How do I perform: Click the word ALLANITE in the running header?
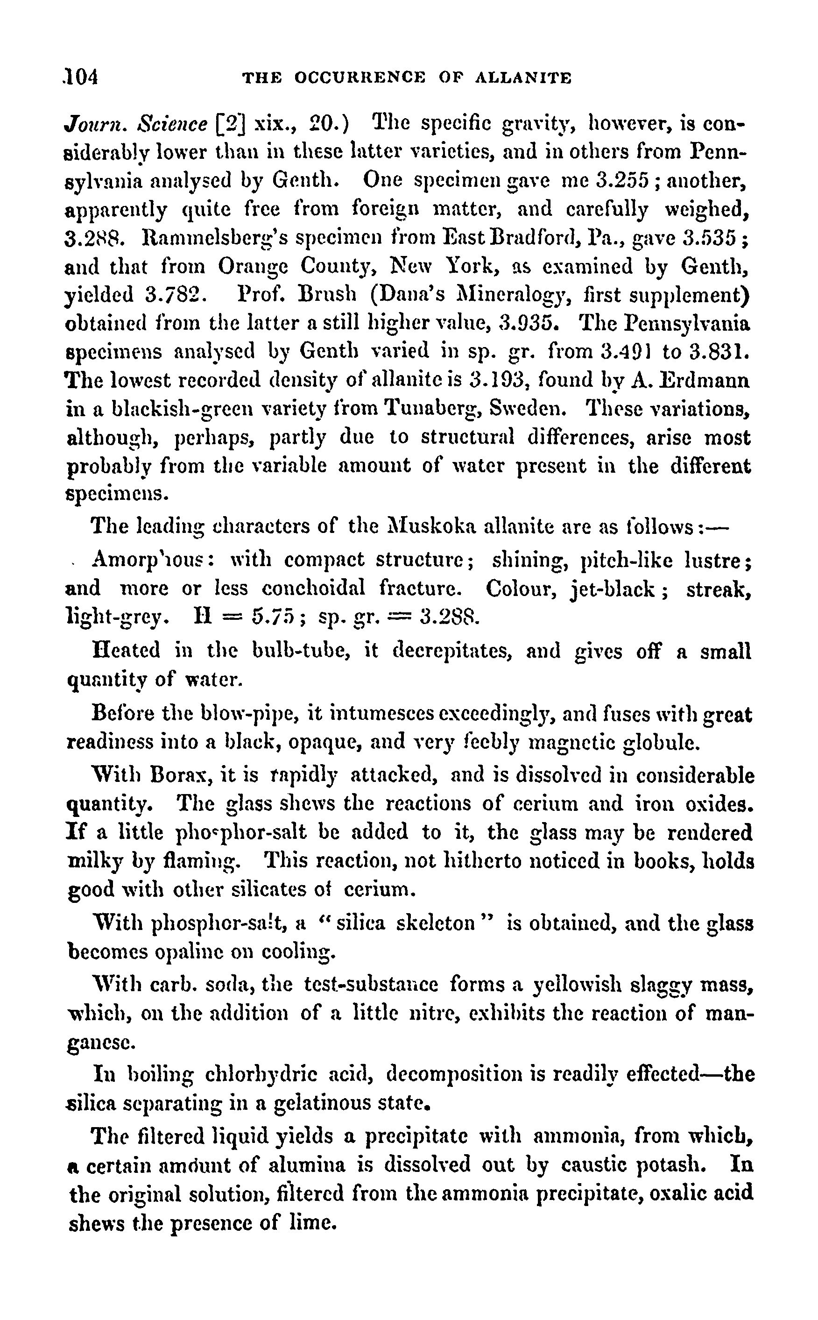click(522, 78)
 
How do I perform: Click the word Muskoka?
click(432, 525)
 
